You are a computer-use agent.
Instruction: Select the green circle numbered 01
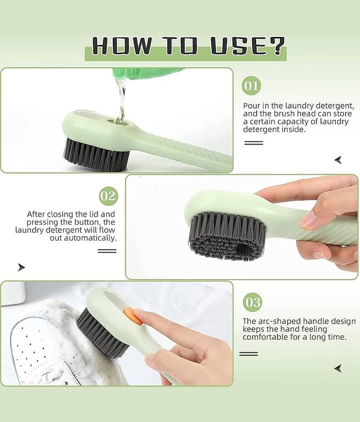pos(251,85)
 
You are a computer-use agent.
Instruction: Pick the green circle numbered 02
pos(109,196)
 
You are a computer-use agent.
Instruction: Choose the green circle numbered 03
pos(252,302)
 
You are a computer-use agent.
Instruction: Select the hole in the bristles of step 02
pos(245,249)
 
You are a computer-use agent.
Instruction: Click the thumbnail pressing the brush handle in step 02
pos(308,220)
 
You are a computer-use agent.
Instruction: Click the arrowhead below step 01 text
pos(338,160)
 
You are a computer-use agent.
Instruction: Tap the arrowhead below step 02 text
pos(21,267)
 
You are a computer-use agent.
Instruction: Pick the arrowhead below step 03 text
pos(338,368)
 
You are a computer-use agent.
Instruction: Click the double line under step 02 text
pos(107,251)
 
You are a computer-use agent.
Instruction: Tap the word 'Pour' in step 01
pos(251,105)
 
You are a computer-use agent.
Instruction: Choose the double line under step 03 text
pos(248,354)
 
